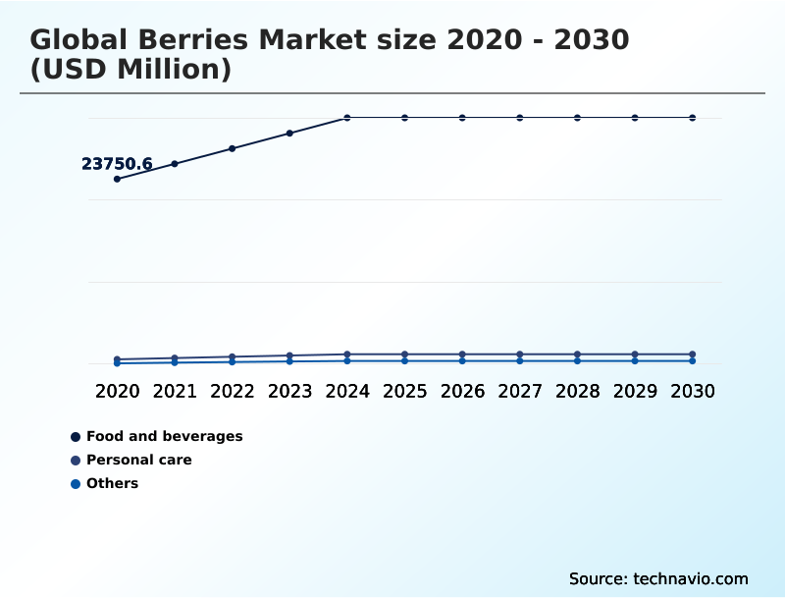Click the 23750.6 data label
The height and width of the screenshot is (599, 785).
(117, 164)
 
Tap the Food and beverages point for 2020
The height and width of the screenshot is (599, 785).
(117, 179)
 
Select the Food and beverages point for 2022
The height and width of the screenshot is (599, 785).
(233, 148)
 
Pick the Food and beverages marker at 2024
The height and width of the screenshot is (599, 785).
(347, 118)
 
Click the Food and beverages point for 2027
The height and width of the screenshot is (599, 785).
(520, 118)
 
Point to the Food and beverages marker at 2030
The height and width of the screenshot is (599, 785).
(693, 118)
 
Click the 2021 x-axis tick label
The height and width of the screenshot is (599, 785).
(175, 391)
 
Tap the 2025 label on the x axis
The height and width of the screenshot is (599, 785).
(404, 391)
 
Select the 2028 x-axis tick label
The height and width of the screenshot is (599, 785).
(577, 391)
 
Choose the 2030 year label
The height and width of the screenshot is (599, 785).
(693, 391)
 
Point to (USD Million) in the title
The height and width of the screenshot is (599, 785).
(131, 70)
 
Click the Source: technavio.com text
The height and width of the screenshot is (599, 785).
(658, 578)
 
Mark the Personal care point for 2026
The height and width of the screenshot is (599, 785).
(462, 354)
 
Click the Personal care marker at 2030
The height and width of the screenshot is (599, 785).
(693, 354)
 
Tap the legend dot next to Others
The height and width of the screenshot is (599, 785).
(76, 483)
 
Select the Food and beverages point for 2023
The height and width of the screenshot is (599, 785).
(289, 133)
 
